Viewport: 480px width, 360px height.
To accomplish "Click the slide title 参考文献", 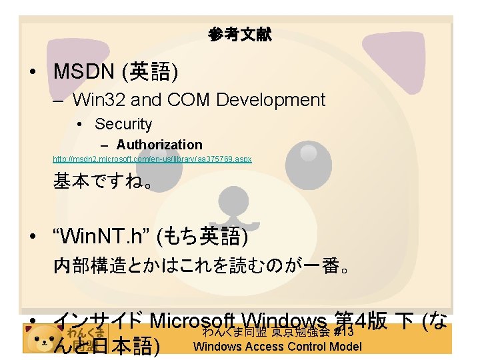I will click(239, 35).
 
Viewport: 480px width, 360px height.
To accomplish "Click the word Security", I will click(123, 124).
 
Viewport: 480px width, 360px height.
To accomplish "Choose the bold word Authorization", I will click(159, 145).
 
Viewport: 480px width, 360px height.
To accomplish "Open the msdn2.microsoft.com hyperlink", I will click(152, 160).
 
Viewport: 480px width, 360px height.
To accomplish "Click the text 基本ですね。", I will click(103, 181).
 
